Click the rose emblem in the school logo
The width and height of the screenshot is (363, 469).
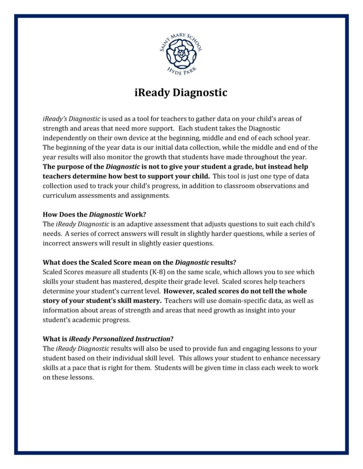point(181,54)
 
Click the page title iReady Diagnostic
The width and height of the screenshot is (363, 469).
point(181,93)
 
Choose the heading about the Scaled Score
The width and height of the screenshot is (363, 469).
point(139,262)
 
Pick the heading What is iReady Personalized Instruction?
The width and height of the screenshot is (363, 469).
point(108,339)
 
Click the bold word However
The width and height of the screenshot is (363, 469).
point(179,291)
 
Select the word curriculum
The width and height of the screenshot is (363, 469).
point(59,196)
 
